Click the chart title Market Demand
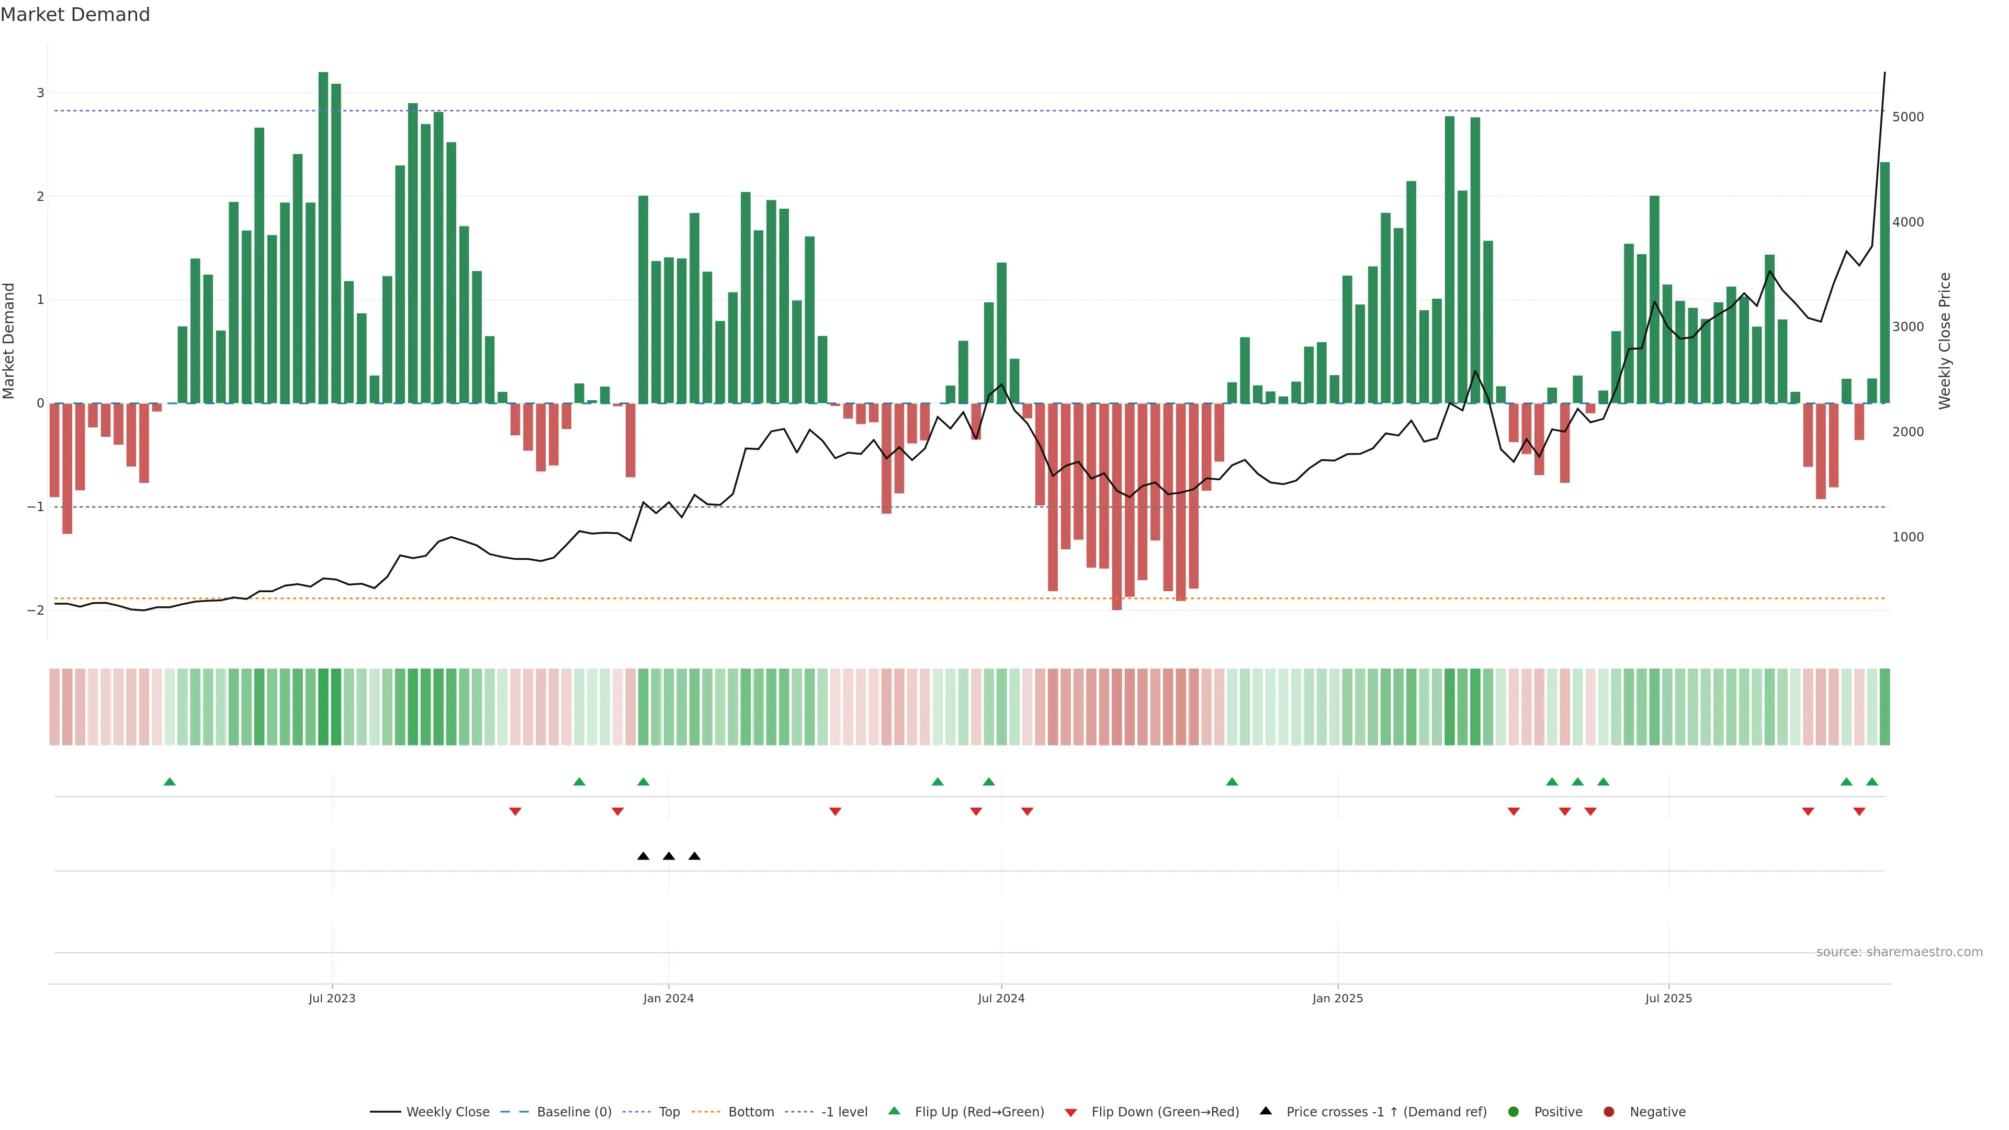pyautogui.click(x=75, y=15)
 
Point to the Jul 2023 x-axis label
pyautogui.click(x=332, y=998)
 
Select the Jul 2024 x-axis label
pyautogui.click(x=1001, y=998)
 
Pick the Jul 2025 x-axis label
pyautogui.click(x=1668, y=998)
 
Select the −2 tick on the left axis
pyautogui.click(x=36, y=610)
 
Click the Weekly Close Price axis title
pyautogui.click(x=1944, y=341)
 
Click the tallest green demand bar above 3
pyautogui.click(x=323, y=234)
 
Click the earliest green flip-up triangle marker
pyautogui.click(x=169, y=782)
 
